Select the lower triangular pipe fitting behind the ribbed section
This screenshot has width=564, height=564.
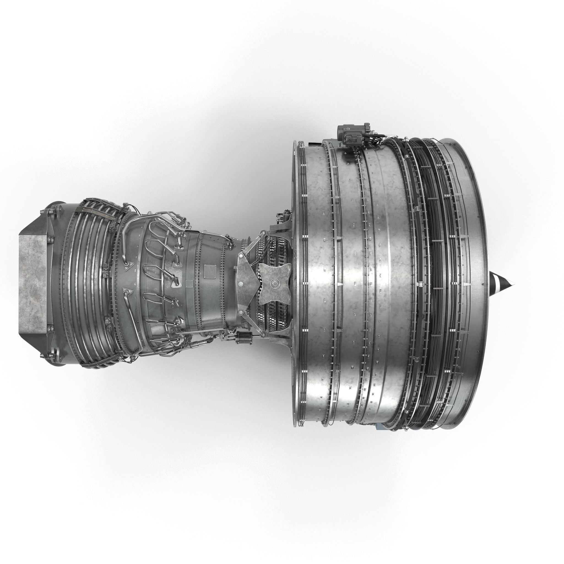(127, 292)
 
